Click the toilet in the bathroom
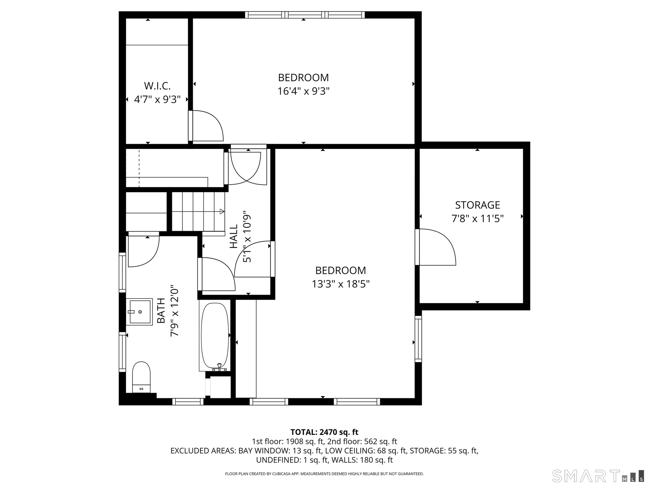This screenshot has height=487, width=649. pos(141,377)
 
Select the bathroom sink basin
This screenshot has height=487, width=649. pos(139,312)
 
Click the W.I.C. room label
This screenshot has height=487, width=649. pos(157,86)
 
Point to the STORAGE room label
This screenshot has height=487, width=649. pos(477,205)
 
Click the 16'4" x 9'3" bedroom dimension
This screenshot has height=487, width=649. pos(304,91)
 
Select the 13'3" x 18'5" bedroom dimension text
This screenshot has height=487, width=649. pos(341,284)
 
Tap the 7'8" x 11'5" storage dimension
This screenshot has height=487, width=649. pos(478,218)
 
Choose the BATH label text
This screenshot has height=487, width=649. pos(161,310)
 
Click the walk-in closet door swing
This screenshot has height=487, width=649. pos(206,125)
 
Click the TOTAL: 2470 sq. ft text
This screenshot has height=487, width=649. pos(324,432)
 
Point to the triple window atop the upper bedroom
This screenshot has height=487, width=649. pos(305,15)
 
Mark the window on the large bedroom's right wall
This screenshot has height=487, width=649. pos(418,339)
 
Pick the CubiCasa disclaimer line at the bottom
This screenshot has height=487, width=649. pos(324,474)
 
